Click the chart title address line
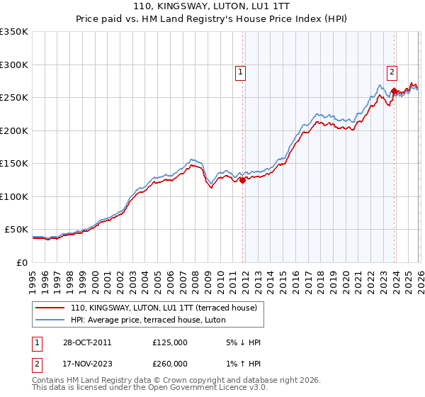212,6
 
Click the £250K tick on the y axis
13,98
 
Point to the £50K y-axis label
16,230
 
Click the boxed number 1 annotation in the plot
241,72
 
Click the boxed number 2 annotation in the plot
392,71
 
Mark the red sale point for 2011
242,180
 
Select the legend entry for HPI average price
147,320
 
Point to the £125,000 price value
169,342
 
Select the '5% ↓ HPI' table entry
243,342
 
